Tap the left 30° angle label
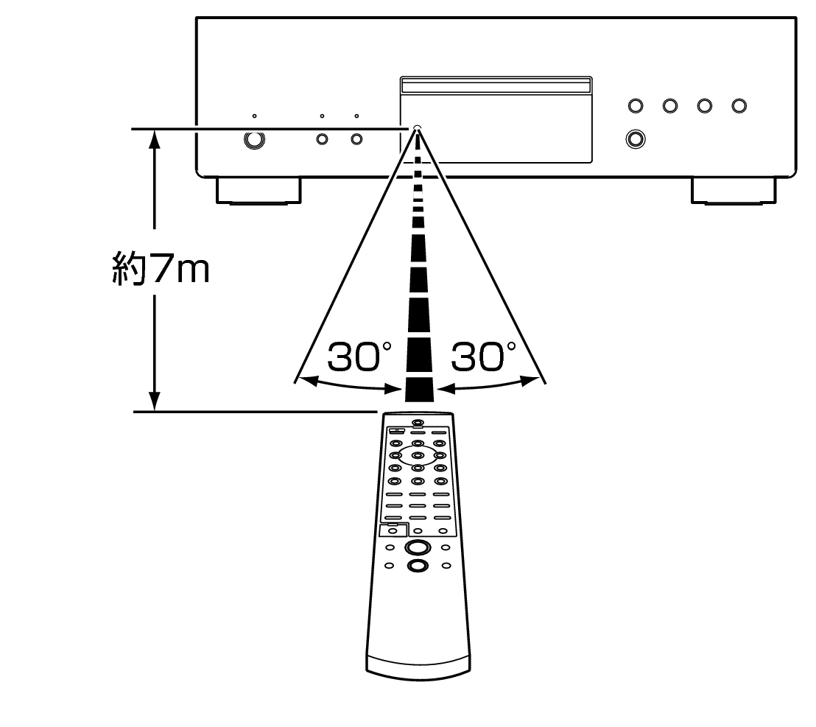(354, 357)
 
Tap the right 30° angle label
(478, 357)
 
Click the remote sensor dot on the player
(417, 128)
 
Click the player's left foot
(258, 190)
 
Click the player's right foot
(734, 190)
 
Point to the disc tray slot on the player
(495, 87)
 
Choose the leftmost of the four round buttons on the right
(635, 106)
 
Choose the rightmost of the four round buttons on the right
(739, 106)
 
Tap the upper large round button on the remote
(417, 547)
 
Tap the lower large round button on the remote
(417, 566)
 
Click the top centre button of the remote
(418, 424)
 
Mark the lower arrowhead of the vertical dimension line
(155, 402)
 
